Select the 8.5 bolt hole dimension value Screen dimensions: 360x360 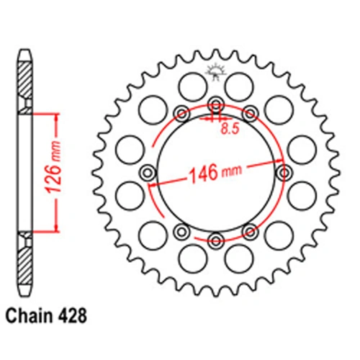[230, 129]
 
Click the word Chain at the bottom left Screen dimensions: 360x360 [28, 316]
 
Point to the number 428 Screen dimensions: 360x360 [72, 316]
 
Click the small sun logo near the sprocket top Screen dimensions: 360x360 [215, 71]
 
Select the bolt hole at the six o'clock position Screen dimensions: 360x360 [216, 240]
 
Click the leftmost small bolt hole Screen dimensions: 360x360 [148, 173]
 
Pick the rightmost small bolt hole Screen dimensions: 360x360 [284, 173]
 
